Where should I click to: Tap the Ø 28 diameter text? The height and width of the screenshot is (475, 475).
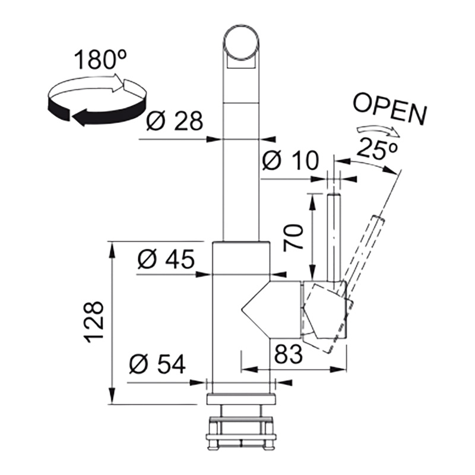174,121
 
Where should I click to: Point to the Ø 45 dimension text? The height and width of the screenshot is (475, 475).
166,259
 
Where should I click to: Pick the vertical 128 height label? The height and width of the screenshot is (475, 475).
94,322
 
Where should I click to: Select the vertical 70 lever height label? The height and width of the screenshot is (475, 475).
293,237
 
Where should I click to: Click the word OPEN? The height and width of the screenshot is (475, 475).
390,109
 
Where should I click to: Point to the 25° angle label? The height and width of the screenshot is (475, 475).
376,147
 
